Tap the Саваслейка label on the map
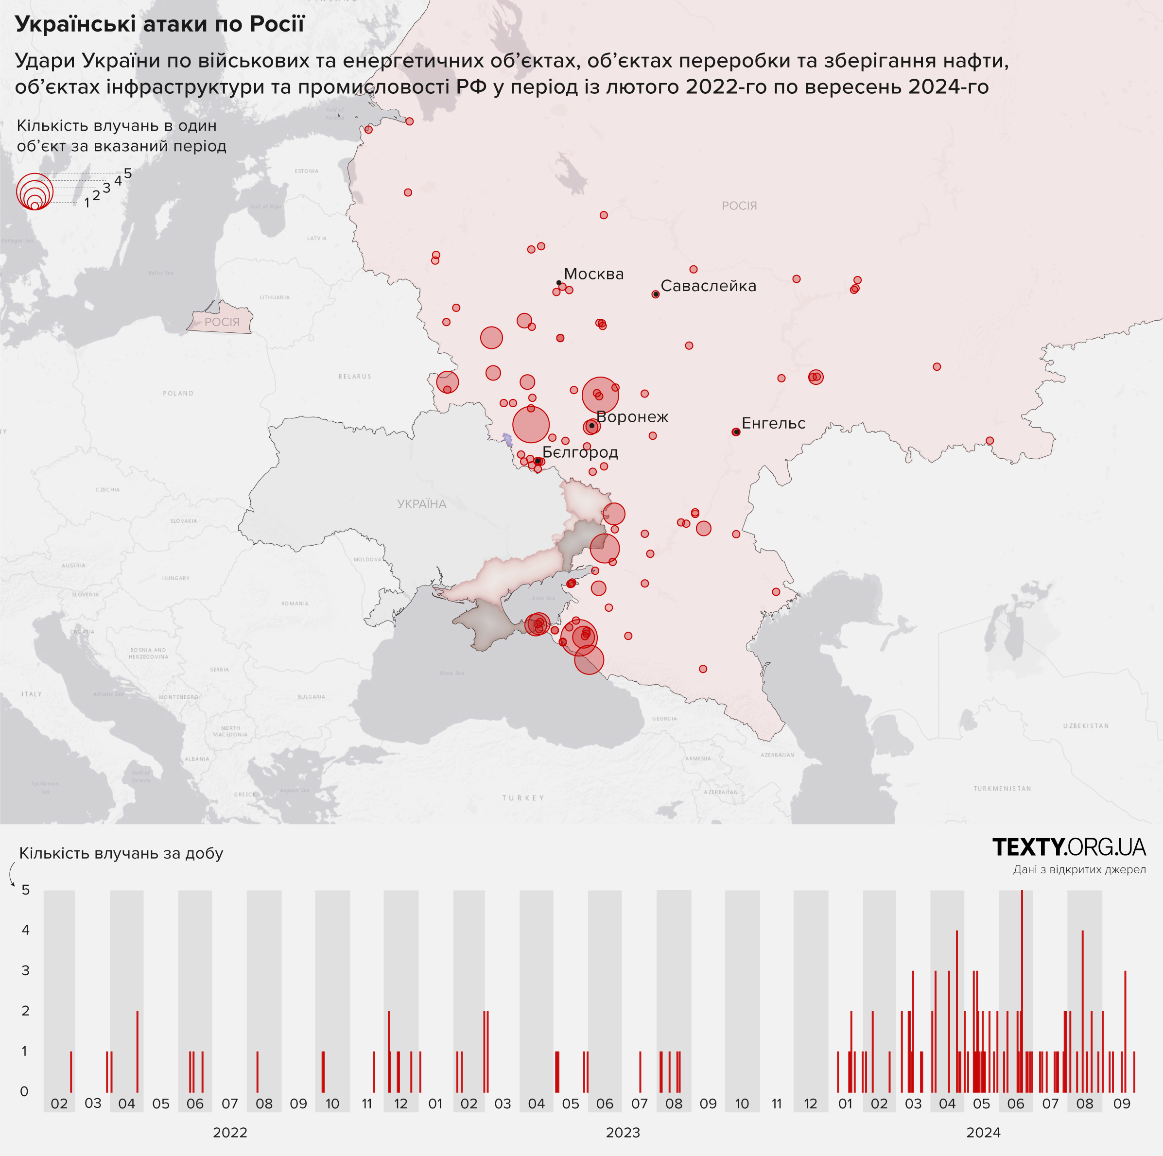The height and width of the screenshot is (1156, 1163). (708, 286)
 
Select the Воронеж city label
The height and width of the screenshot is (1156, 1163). (632, 417)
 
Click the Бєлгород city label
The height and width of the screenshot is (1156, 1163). (580, 452)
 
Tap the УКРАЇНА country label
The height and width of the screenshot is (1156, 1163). (421, 504)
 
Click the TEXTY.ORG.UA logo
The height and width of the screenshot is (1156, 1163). (1069, 847)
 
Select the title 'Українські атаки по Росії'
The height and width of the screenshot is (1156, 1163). (159, 24)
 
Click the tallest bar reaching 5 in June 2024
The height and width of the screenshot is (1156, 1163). (1022, 993)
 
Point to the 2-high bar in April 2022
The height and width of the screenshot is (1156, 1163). (137, 1052)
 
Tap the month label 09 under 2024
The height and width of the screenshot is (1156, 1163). (1122, 1104)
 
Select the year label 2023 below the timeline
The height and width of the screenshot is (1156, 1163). (623, 1133)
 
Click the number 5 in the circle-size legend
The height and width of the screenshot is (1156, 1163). (128, 174)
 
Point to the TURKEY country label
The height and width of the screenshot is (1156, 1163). (523, 798)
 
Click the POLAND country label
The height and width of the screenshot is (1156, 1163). (178, 394)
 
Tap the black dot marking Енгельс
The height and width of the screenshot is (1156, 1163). (737, 432)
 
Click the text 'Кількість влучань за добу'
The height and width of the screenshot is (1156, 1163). (121, 853)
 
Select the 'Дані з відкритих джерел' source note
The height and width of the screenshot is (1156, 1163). (1079, 870)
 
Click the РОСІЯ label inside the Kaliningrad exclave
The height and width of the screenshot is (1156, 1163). (222, 322)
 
